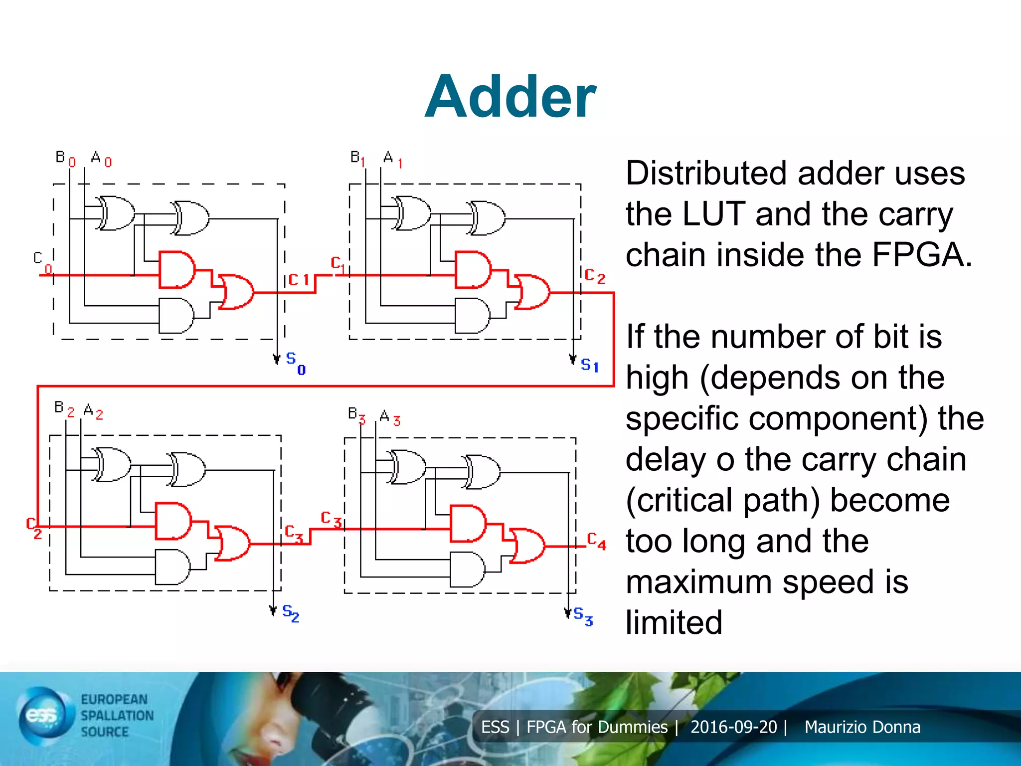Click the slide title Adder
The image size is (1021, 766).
510,96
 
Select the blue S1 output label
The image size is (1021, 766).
589,365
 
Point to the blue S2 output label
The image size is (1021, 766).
291,613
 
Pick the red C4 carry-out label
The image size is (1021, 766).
596,541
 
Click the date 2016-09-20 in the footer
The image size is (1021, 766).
733,727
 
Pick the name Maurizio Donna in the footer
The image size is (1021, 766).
862,727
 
